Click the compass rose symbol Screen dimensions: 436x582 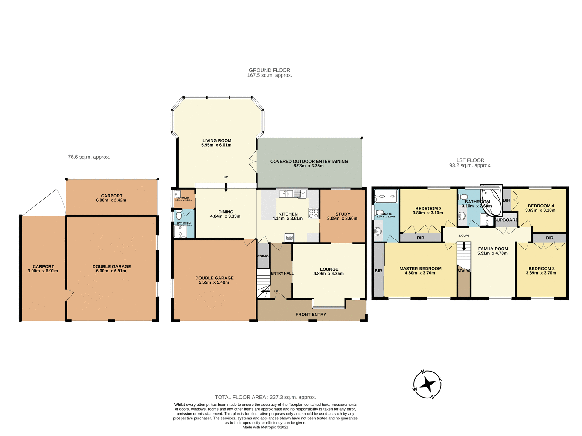pyautogui.click(x=427, y=384)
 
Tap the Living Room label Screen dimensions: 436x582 pyautogui.click(x=217, y=140)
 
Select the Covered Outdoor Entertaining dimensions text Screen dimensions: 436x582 pyautogui.click(x=309, y=166)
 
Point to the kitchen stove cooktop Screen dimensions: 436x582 pyautogui.click(x=314, y=213)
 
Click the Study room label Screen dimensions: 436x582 pyautogui.click(x=343, y=214)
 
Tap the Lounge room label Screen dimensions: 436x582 pyautogui.click(x=329, y=269)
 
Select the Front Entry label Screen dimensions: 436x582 pyautogui.click(x=311, y=315)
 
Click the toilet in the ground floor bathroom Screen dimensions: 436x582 pyautogui.click(x=179, y=215)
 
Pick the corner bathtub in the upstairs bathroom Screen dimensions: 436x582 pyautogui.click(x=492, y=200)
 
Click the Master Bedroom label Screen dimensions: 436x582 pyautogui.click(x=420, y=269)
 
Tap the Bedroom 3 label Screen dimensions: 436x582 pyautogui.click(x=541, y=269)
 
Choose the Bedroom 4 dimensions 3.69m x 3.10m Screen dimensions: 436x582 pyautogui.click(x=540, y=210)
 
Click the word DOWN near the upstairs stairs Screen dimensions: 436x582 pyautogui.click(x=464, y=236)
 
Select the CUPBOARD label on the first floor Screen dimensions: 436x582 pyautogui.click(x=506, y=220)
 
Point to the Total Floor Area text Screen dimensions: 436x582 pyautogui.click(x=265, y=397)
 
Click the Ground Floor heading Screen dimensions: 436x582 pyautogui.click(x=269, y=70)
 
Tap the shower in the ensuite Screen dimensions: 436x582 pyautogui.click(x=386, y=196)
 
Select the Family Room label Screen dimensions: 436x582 pyautogui.click(x=493, y=249)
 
